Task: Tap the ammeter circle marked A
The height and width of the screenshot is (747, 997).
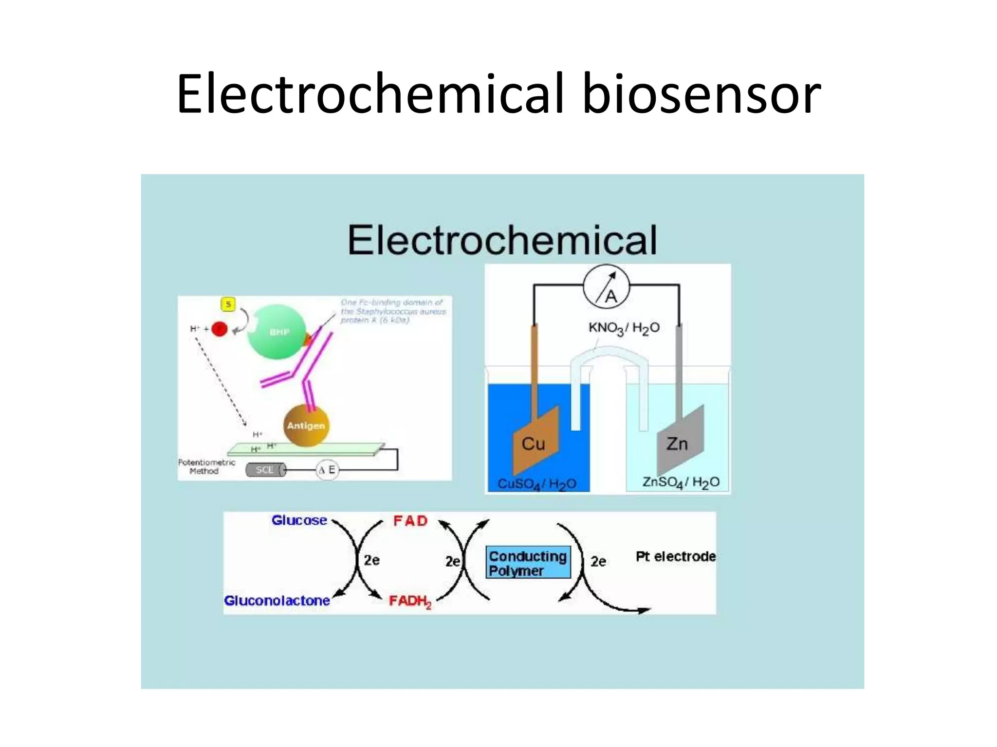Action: pos(606,288)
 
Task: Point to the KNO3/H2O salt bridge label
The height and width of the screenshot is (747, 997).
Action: pos(624,328)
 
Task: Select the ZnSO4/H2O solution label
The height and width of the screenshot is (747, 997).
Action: pos(680,482)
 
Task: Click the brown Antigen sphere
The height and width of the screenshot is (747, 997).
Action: pos(306,426)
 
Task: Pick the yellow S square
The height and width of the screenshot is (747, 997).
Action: pos(228,304)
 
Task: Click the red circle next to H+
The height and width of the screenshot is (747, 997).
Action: pos(220,330)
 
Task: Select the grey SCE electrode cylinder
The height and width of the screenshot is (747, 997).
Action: pos(265,470)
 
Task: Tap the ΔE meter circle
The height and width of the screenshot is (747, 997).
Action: pos(327,470)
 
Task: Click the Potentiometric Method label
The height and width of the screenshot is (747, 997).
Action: pos(206,466)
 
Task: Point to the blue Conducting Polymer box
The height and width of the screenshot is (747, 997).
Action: pos(528,563)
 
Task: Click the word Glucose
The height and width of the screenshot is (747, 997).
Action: pos(299,520)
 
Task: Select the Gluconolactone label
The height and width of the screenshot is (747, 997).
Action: pos(277,601)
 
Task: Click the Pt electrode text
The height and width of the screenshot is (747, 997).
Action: pos(676,556)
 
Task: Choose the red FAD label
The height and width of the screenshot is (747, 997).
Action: pos(410,521)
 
